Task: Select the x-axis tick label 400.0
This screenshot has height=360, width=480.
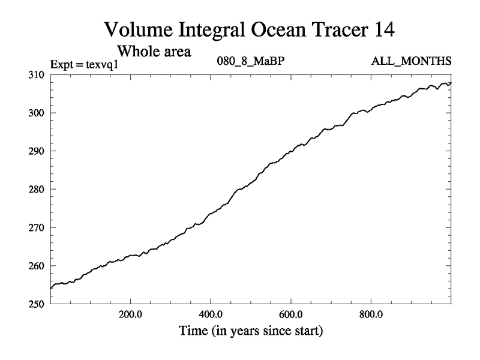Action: (211, 313)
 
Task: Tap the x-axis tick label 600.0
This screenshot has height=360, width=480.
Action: (291, 313)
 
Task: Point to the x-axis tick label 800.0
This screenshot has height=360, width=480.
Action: (371, 313)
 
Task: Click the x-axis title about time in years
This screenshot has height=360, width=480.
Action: (250, 330)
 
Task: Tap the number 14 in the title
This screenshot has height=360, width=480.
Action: (383, 29)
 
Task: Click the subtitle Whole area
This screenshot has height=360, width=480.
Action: (154, 51)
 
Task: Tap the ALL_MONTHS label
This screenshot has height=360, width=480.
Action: (412, 62)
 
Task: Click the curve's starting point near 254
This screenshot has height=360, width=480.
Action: (50, 288)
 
